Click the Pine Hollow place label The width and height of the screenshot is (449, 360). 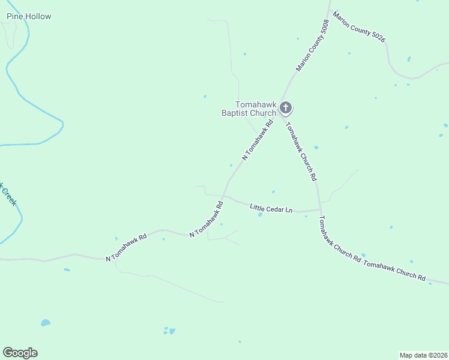tap(29, 16)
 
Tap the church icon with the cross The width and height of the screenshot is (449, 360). tap(286, 108)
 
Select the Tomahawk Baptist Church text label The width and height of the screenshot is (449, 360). tap(256, 108)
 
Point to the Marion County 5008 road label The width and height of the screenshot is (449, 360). tap(312, 46)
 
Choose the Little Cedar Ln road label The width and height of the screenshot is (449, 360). tap(271, 208)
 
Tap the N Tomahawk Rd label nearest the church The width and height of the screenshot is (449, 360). tap(258, 139)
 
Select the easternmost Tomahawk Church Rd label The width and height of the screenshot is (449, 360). tap(394, 271)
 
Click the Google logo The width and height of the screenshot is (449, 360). tap(20, 353)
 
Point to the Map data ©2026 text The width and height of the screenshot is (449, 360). tap(423, 355)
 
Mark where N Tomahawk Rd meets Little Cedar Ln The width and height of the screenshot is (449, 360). tap(223, 196)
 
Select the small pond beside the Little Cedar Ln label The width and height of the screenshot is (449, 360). tap(260, 214)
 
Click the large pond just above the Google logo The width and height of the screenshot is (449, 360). tap(46, 323)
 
